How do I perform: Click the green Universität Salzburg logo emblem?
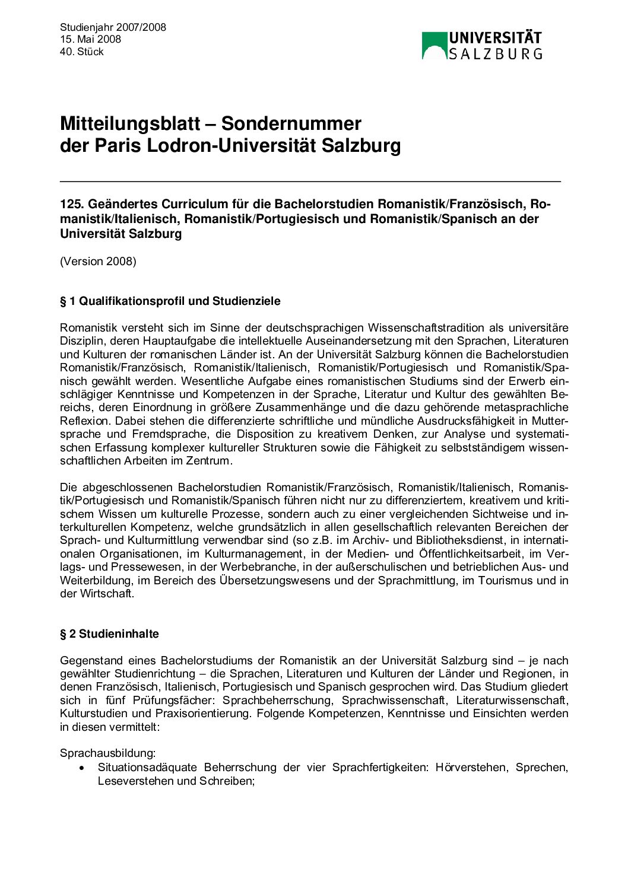tap(434, 46)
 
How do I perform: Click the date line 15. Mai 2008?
tap(90, 39)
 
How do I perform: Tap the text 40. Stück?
tap(81, 52)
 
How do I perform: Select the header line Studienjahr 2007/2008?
tap(113, 27)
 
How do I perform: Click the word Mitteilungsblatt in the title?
tap(130, 123)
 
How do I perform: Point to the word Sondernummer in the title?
tap(291, 123)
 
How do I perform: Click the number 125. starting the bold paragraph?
tap(71, 204)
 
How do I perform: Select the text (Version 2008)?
tap(98, 261)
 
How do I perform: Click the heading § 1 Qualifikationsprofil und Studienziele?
tap(170, 301)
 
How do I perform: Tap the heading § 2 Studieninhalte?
tap(109, 634)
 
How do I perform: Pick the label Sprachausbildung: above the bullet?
tap(107, 753)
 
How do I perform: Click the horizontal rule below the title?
tap(310, 181)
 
